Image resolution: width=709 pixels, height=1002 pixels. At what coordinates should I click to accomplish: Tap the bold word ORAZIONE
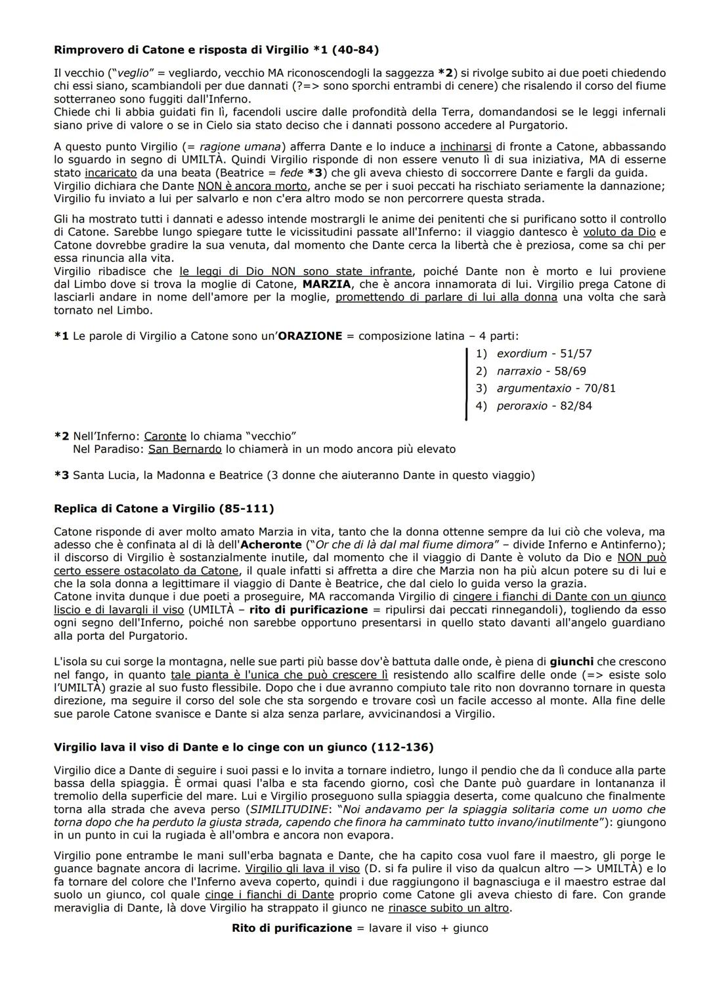coord(310,336)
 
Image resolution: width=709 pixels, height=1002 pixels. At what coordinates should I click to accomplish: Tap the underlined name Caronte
coord(165,436)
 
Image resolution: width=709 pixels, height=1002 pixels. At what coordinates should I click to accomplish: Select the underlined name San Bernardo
coord(184,449)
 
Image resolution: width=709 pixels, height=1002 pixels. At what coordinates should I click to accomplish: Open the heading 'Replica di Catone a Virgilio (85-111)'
coord(163,509)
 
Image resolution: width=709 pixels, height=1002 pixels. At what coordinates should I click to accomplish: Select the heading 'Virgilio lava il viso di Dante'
coord(243,747)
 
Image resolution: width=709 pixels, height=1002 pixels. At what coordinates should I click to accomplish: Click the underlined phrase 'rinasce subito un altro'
coord(448,908)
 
